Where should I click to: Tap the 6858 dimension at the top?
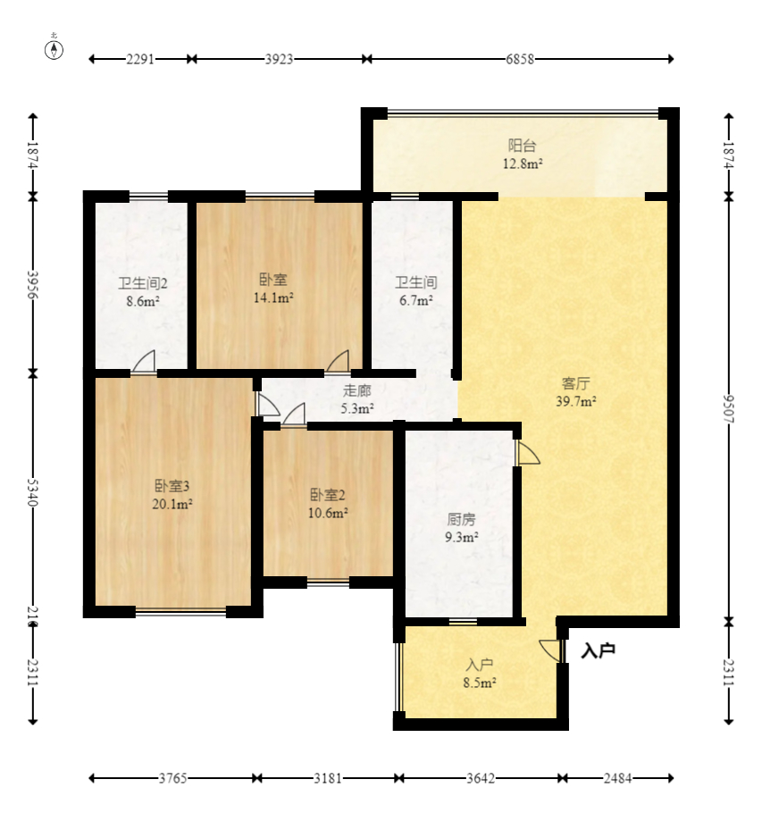tap(520, 59)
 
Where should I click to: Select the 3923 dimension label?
tap(279, 59)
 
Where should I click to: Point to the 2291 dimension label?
tap(140, 59)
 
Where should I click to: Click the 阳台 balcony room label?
tap(522, 146)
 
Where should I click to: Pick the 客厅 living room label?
tap(575, 383)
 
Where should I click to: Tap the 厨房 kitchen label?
tap(461, 519)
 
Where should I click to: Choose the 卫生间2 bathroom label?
tap(143, 283)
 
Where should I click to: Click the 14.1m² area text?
tap(273, 297)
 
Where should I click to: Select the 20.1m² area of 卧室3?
tap(172, 504)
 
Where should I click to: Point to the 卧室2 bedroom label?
tap(328, 495)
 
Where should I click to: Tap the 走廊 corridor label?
tap(357, 390)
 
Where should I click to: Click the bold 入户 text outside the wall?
tap(598, 650)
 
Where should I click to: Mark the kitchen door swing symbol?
tap(528, 452)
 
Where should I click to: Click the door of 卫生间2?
tap(144, 361)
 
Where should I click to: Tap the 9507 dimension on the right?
tap(729, 409)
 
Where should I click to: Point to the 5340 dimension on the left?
tap(33, 492)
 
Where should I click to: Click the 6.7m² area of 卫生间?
tap(416, 300)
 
